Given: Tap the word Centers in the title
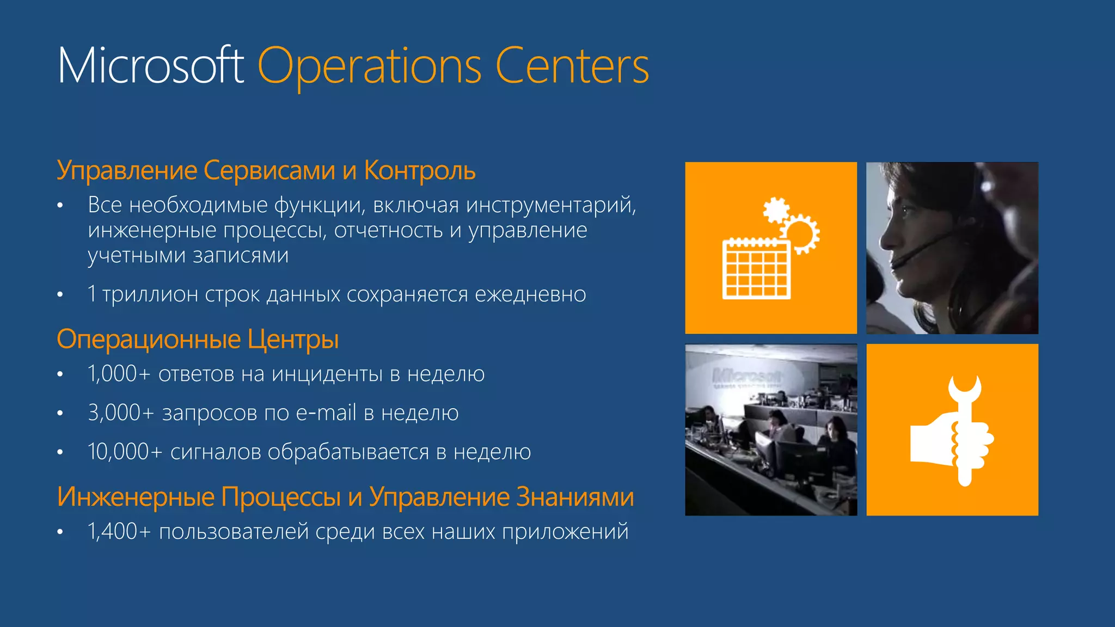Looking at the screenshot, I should (x=572, y=66).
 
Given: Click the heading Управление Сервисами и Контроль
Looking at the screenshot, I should (x=266, y=170).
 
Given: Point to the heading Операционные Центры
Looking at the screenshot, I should (x=198, y=339).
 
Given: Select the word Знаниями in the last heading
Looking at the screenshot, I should (x=575, y=496).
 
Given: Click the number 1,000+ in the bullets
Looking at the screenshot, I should (x=119, y=374).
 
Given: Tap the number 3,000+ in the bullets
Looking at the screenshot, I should (x=121, y=413).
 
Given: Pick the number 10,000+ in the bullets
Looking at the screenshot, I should (x=125, y=452).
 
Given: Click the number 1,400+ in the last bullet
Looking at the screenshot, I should (x=119, y=532).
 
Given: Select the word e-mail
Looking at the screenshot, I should (x=326, y=413).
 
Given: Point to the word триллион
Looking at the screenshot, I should (x=150, y=294).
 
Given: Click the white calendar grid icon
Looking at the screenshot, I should (x=756, y=269).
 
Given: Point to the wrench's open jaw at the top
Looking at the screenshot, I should (x=964, y=386).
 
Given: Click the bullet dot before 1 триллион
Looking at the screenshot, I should (x=60, y=295).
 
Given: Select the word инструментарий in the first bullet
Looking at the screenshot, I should (x=550, y=206).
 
